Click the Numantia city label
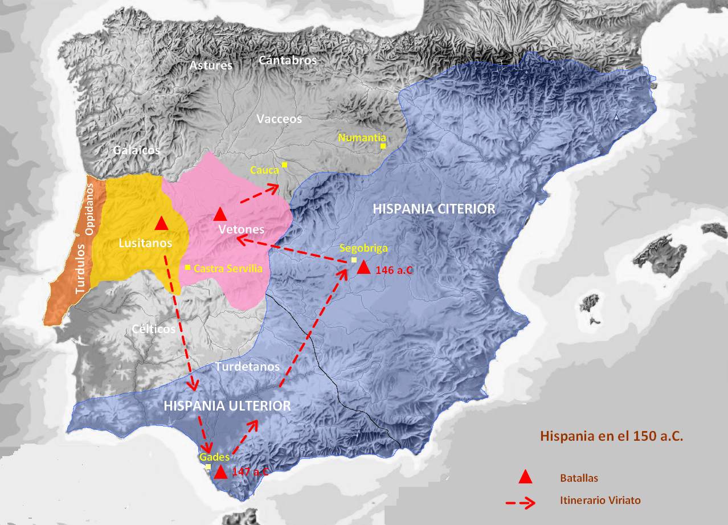coord(362,137)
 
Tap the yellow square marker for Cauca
coord(284,165)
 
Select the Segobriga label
coord(363,248)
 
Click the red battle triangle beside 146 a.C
coord(363,268)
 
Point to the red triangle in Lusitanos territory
coord(161,223)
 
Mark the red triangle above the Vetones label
coord(220,214)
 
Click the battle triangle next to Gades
coord(220,471)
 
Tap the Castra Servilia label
coord(228,268)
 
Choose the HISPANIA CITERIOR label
coord(434,209)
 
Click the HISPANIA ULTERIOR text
coord(227,405)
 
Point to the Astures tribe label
coord(211,65)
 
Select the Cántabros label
coord(288,60)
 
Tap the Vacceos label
coord(279,119)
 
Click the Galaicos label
coord(136,150)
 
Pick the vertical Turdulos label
coord(81,268)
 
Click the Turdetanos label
coord(248,367)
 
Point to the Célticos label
coord(154,329)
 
